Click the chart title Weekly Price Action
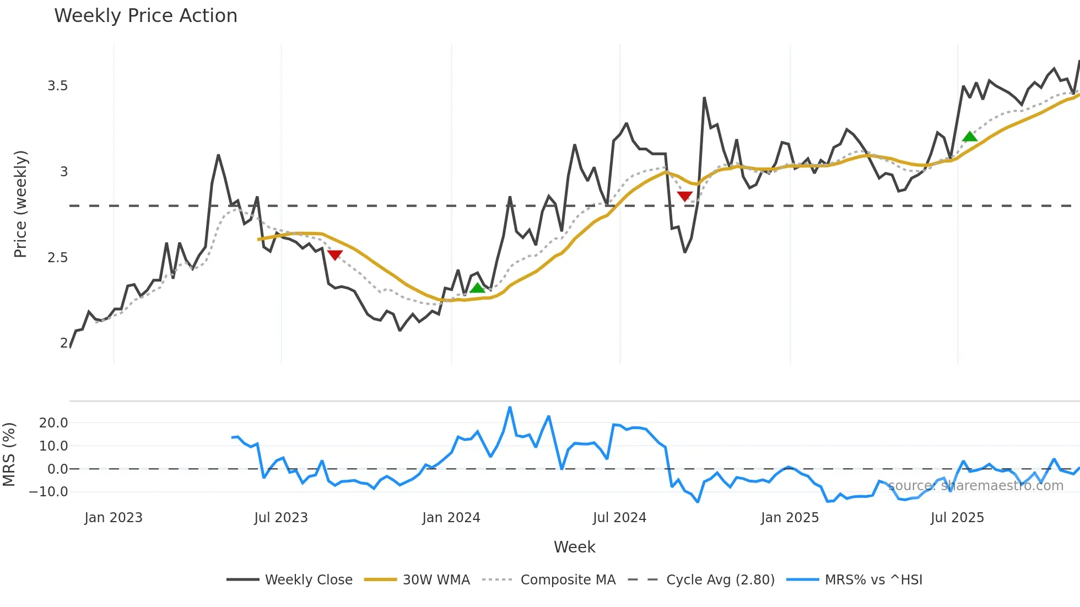pyautogui.click(x=145, y=16)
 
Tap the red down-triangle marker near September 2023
pyautogui.click(x=335, y=255)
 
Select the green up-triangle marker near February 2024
pyautogui.click(x=477, y=288)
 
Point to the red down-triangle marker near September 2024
pyautogui.click(x=684, y=196)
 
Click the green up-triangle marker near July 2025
pyautogui.click(x=970, y=137)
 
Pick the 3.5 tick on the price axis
pyautogui.click(x=57, y=86)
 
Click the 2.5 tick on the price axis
pyautogui.click(x=57, y=258)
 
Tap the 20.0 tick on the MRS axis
pyautogui.click(x=53, y=423)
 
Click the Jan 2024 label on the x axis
pyautogui.click(x=451, y=518)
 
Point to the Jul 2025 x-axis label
pyautogui.click(x=957, y=518)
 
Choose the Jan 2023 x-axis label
pyautogui.click(x=114, y=518)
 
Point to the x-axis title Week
pyautogui.click(x=574, y=547)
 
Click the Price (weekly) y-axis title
pyautogui.click(x=20, y=204)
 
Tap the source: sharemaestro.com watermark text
pyautogui.click(x=975, y=486)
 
